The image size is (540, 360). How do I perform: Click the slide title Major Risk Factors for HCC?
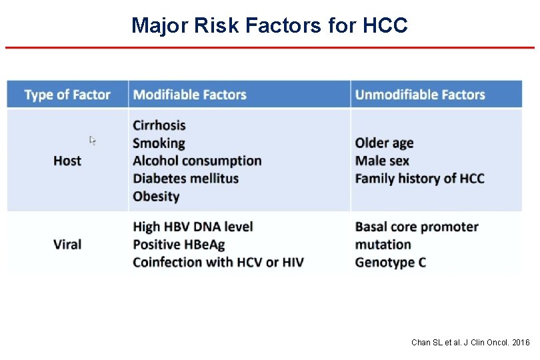[x=269, y=25]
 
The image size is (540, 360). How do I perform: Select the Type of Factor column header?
[x=67, y=95]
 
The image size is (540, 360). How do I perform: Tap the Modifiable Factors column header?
[x=190, y=95]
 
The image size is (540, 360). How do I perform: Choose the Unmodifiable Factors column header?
[x=420, y=95]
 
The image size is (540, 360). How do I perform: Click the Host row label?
[x=67, y=161]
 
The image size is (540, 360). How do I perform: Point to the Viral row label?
[x=67, y=244]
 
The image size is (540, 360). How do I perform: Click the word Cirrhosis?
[x=159, y=125]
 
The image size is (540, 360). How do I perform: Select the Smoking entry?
[x=159, y=143]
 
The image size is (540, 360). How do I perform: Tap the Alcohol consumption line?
[x=197, y=161]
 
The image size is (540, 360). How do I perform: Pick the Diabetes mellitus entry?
[x=185, y=179]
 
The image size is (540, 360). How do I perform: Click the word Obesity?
[x=156, y=197]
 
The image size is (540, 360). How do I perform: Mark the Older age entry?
[x=384, y=143]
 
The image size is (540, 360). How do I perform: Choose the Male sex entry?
[x=382, y=161]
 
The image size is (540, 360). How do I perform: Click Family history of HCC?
[x=419, y=179]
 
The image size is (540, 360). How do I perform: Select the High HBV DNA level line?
[x=193, y=227]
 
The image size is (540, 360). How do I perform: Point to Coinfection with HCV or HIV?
[x=218, y=262]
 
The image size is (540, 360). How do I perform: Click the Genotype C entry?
[x=391, y=262]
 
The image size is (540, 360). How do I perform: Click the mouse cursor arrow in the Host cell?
[x=93, y=141]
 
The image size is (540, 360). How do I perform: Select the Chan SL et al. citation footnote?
[x=470, y=343]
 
